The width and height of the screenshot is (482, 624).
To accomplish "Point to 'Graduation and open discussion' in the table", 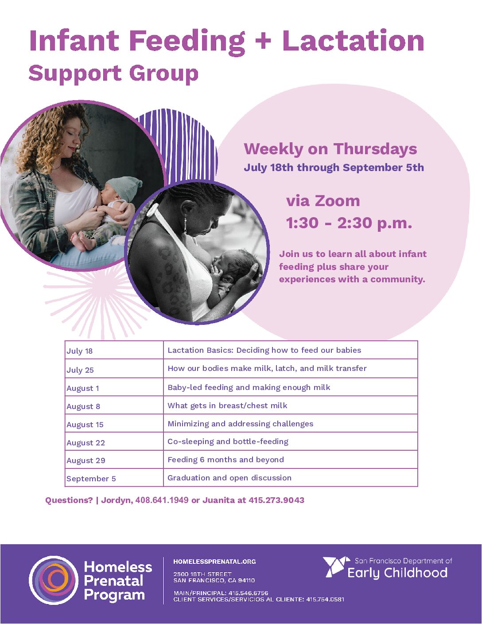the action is (x=229, y=478).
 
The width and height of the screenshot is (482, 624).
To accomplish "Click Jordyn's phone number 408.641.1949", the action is (x=162, y=500).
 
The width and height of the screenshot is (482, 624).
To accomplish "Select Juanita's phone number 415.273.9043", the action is (x=276, y=500).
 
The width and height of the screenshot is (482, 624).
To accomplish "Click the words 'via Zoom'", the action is (x=323, y=201).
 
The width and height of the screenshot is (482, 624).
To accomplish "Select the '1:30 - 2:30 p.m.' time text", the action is (x=349, y=223).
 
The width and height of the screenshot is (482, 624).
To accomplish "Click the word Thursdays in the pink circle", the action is (x=375, y=149).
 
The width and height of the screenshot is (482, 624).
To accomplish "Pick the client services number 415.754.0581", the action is (x=325, y=600).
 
